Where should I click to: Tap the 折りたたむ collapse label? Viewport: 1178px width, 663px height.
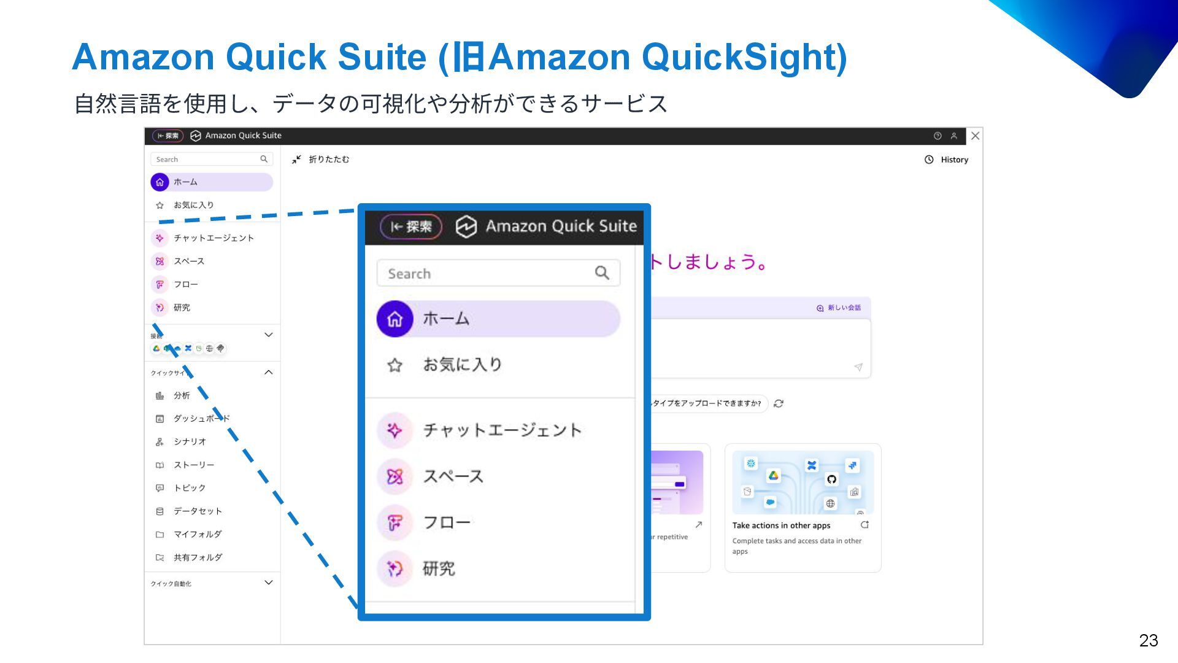pyautogui.click(x=328, y=160)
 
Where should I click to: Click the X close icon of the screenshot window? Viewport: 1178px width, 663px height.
pyautogui.click(x=975, y=136)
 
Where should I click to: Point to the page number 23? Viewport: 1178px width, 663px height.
pyautogui.click(x=1148, y=640)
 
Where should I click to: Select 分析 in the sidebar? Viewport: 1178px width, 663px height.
pyautogui.click(x=182, y=396)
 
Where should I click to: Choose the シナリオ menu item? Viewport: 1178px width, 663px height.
pyautogui.click(x=190, y=442)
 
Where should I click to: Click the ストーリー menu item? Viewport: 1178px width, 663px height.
pyautogui.click(x=194, y=465)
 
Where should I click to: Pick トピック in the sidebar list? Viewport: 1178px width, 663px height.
pyautogui.click(x=190, y=488)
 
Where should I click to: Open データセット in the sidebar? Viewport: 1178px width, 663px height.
pyautogui.click(x=198, y=511)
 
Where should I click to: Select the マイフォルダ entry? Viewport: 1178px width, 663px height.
pyautogui.click(x=198, y=535)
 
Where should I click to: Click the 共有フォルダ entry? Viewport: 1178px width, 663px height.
pyautogui.click(x=198, y=557)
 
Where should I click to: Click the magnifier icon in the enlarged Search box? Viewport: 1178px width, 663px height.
pyautogui.click(x=602, y=273)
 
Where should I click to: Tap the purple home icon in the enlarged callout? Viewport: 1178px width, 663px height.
pyautogui.click(x=395, y=319)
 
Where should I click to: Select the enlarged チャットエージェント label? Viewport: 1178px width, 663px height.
pyautogui.click(x=502, y=430)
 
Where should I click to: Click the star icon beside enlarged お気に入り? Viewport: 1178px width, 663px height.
pyautogui.click(x=395, y=365)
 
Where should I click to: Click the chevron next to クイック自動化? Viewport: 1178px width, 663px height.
pyautogui.click(x=268, y=583)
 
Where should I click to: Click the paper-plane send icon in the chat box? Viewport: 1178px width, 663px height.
pyautogui.click(x=858, y=367)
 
